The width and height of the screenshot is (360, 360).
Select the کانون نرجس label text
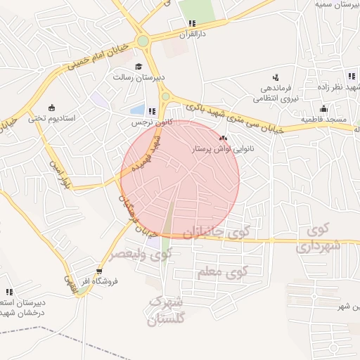[x=148, y=122]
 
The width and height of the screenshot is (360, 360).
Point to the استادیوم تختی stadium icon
[x=53, y=107]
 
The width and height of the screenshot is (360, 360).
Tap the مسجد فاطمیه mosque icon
[x=323, y=108]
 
